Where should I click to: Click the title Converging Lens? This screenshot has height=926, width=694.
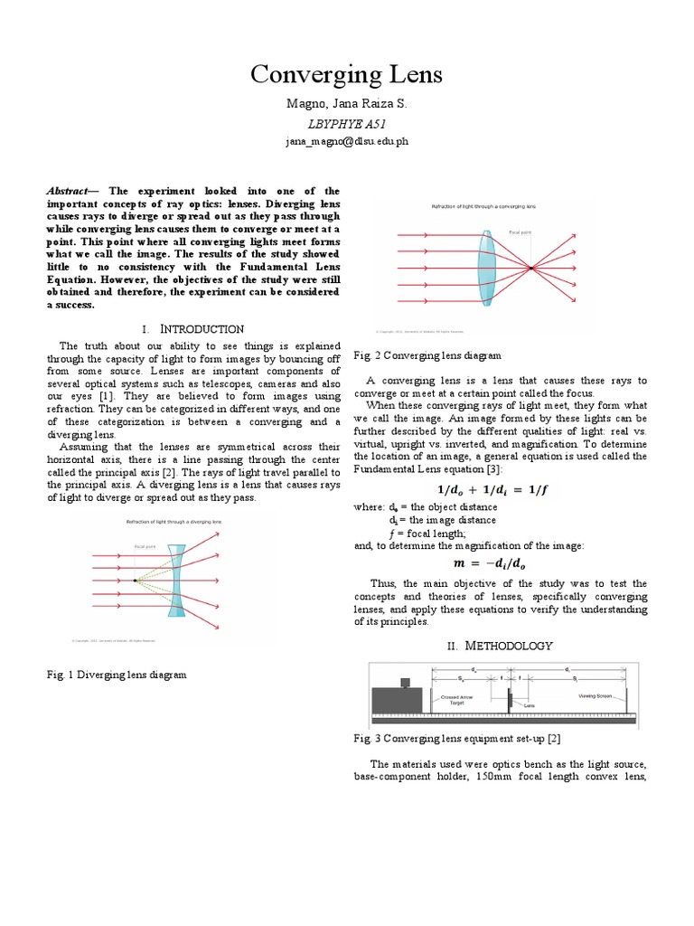pos(346,74)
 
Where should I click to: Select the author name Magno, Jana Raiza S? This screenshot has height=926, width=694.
pos(346,106)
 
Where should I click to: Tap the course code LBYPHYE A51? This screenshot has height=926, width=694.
pos(346,124)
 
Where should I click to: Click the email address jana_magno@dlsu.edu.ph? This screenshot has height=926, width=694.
pos(346,142)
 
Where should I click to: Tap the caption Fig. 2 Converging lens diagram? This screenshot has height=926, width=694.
pos(427,355)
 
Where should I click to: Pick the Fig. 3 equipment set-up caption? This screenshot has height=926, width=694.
pos(445,739)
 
